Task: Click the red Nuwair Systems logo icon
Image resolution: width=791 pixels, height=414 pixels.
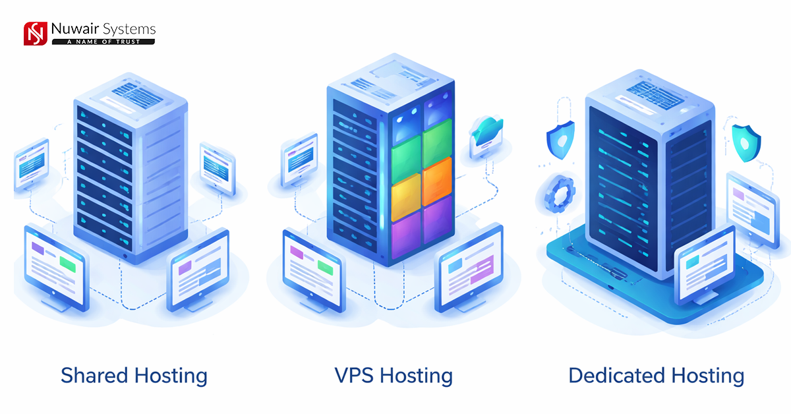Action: point(35,34)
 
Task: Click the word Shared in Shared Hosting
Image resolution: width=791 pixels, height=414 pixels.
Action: point(95,376)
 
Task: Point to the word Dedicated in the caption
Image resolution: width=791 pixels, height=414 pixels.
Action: point(616,376)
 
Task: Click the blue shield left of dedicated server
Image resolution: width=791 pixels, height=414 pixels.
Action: point(560,138)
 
